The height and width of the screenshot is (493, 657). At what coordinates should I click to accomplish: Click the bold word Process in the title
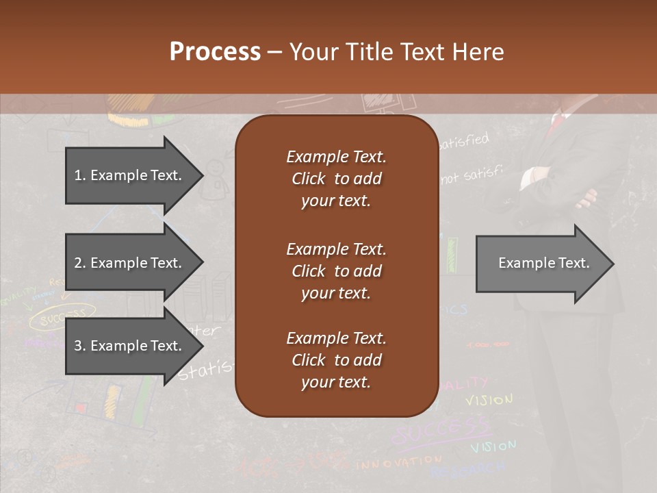tap(215, 51)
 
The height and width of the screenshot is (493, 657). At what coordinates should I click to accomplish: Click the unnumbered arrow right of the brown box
tap(544, 264)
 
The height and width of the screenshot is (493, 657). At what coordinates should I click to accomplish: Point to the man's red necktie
tap(558, 122)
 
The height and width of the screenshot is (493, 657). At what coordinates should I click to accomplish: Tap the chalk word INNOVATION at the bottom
tap(399, 463)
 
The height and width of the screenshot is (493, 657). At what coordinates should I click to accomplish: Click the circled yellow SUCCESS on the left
tap(62, 317)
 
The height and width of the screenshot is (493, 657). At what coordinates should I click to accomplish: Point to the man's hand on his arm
tap(587, 200)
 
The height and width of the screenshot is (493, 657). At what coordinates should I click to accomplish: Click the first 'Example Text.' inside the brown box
tap(336, 157)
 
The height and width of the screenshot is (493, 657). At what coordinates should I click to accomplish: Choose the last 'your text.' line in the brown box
tap(336, 382)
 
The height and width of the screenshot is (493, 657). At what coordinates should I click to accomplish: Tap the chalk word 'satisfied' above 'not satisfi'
tap(465, 142)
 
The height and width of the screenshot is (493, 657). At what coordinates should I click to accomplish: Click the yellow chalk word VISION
tap(489, 400)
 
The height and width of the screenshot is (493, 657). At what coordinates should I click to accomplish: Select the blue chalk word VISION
tap(493, 447)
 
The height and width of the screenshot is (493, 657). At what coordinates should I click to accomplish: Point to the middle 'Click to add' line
tap(336, 271)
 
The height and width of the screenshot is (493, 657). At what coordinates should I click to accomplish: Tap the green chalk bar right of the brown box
tap(452, 255)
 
